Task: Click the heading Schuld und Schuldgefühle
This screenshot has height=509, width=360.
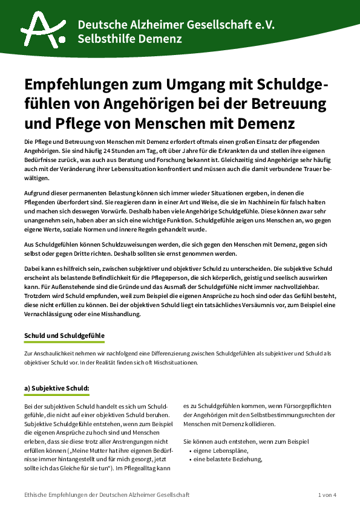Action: tap(64, 335)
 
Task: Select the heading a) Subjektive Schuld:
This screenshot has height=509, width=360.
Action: tap(56, 387)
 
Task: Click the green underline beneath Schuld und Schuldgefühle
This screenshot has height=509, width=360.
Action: tap(64, 343)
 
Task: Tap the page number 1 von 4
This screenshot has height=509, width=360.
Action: tap(327, 495)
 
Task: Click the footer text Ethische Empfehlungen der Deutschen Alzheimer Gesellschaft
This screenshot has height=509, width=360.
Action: tap(106, 495)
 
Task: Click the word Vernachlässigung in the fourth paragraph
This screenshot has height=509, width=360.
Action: tap(51, 314)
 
